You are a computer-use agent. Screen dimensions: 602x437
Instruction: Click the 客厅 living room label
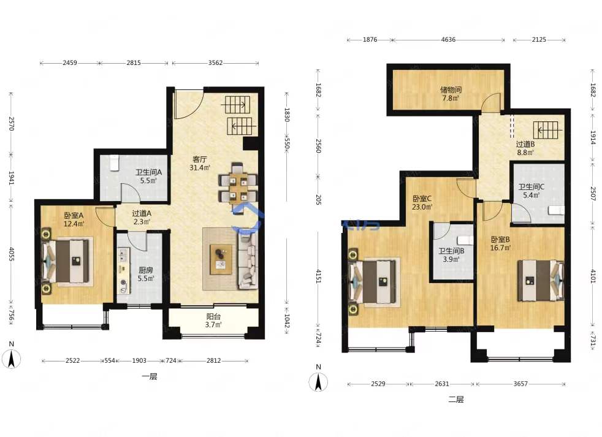point(200,159)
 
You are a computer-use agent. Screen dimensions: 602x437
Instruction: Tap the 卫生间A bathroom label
point(148,172)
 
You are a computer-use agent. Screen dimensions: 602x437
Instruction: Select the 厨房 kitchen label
point(146,270)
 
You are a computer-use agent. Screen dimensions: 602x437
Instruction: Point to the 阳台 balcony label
point(213,316)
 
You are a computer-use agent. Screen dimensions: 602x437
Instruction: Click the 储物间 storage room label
point(451,90)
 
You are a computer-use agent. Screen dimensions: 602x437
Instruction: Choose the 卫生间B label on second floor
point(451,251)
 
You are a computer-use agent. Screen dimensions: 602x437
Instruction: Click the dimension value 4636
point(448,40)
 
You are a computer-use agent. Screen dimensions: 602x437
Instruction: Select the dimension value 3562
point(215,63)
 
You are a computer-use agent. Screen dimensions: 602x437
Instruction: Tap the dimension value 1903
point(139,360)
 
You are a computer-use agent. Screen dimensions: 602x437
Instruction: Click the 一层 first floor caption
point(150,376)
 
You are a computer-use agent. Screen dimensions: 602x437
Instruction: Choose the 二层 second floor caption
point(456,400)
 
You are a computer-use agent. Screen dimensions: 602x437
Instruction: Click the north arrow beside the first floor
point(12,359)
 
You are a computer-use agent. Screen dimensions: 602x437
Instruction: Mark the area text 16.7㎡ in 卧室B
point(500,248)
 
